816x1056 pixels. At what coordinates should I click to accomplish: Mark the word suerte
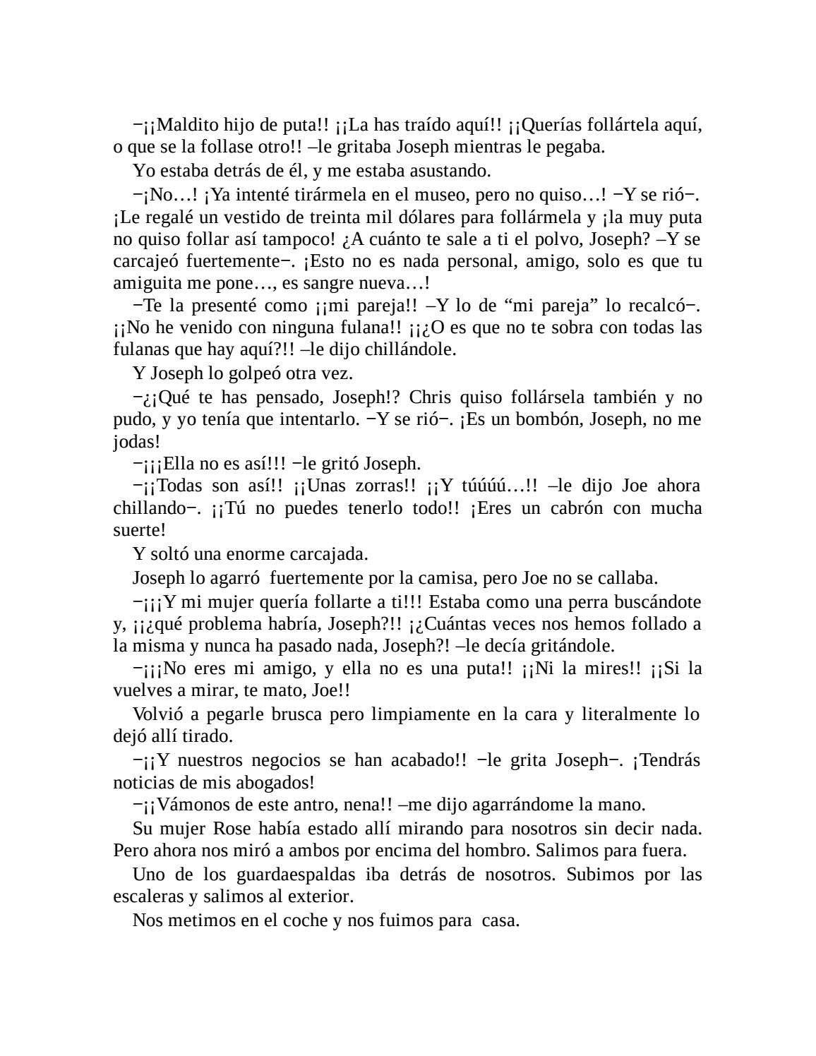pos(138,530)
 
